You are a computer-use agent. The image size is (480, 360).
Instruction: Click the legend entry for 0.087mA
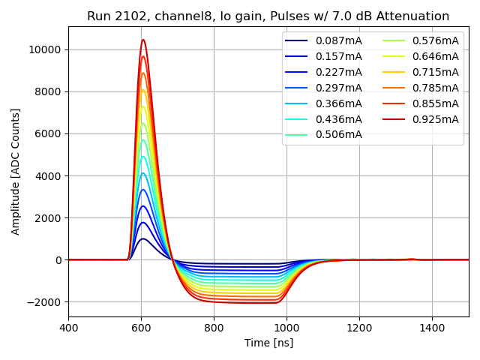(338, 40)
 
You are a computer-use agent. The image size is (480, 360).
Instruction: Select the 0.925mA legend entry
(436, 119)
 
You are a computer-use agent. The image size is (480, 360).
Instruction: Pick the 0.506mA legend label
(338, 135)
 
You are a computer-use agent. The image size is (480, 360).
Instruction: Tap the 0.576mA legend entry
(436, 40)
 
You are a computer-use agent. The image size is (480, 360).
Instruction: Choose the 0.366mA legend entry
(338, 103)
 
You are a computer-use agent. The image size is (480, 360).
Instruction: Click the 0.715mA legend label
(436, 72)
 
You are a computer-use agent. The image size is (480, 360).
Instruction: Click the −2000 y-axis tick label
(46, 302)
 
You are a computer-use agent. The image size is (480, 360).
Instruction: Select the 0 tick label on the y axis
(59, 260)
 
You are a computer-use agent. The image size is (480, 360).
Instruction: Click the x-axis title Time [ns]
(268, 343)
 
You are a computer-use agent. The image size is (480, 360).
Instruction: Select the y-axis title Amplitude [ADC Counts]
(16, 172)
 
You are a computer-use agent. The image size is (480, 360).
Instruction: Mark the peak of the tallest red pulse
(143, 40)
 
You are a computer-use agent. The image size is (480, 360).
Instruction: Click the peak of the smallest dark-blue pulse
(143, 239)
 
